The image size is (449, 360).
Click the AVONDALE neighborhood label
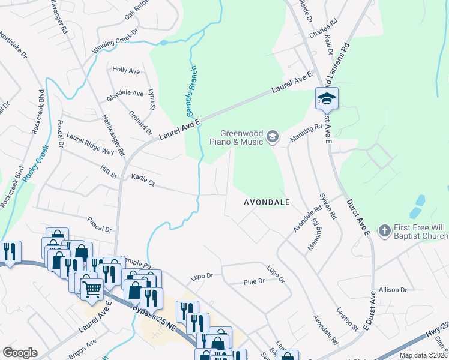[267, 203]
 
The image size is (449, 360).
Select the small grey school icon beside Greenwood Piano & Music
[273, 137]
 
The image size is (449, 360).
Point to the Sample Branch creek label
[191, 91]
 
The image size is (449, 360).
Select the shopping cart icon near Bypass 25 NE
[92, 289]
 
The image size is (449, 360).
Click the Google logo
[19, 353]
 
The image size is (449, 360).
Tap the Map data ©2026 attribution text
[423, 355]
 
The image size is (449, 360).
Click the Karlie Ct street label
[143, 179]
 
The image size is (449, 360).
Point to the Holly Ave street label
[126, 71]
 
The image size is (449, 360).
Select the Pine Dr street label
[254, 281]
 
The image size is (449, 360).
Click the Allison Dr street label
[393, 290]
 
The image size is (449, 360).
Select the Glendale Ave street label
[125, 94]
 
